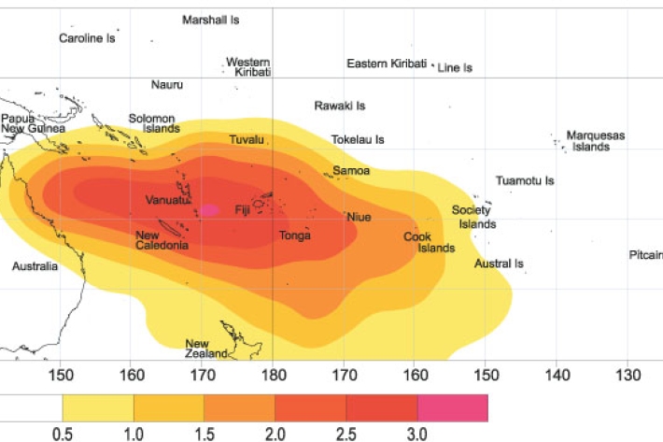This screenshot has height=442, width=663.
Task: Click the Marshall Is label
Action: (211, 20)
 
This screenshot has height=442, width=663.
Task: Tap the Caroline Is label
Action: (87, 39)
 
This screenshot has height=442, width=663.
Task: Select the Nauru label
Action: (167, 85)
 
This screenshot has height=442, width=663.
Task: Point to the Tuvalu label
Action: (247, 140)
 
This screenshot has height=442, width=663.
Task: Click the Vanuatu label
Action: (168, 200)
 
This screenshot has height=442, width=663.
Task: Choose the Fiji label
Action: (243, 209)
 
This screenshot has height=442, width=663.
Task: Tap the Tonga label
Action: (295, 235)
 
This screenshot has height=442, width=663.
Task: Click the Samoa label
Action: (352, 171)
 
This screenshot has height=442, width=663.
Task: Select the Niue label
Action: (360, 217)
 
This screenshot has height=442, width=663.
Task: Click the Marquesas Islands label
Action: (596, 141)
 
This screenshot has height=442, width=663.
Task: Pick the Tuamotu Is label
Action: (525, 180)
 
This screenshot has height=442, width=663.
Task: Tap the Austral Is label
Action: (499, 264)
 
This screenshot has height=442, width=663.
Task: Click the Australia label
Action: (35, 266)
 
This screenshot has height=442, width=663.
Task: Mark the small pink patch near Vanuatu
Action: (209, 210)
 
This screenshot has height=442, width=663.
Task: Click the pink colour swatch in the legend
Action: (452, 407)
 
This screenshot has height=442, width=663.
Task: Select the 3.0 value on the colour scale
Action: (416, 433)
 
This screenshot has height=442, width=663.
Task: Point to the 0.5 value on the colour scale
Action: (63, 433)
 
